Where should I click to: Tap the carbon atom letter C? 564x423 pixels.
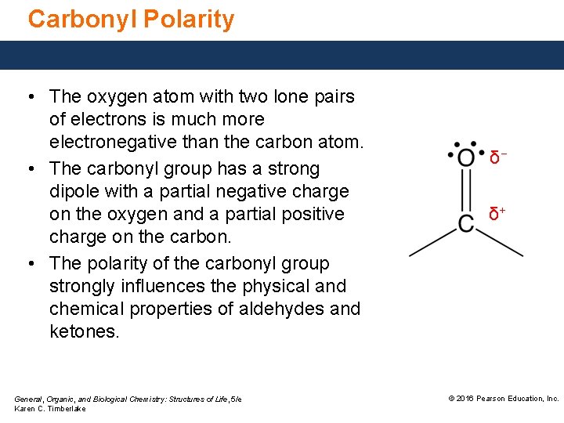(466, 223)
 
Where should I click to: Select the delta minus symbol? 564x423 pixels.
(496, 157)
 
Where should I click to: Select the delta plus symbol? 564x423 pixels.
(497, 212)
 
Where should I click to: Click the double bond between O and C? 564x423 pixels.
(466, 190)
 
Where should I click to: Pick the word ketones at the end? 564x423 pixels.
(84, 331)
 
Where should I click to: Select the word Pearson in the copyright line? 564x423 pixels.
(494, 399)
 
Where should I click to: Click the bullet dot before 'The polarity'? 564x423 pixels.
(29, 264)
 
